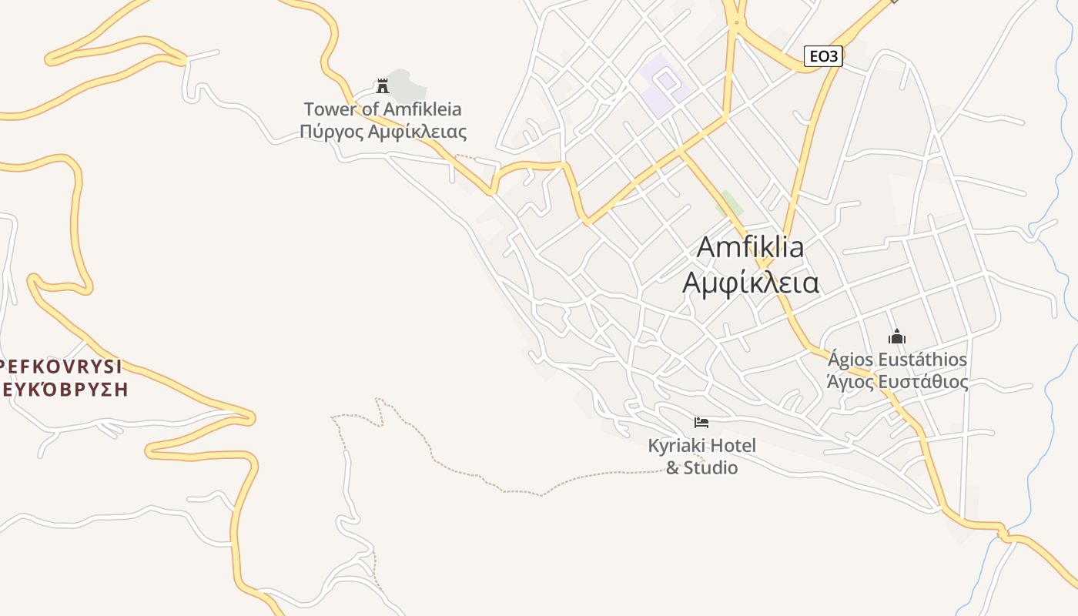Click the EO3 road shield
click(x=823, y=55)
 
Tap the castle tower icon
click(x=382, y=85)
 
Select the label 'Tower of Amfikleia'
click(x=383, y=109)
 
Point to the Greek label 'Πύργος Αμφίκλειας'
click(x=383, y=132)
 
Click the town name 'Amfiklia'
click(x=750, y=247)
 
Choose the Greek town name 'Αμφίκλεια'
click(x=750, y=283)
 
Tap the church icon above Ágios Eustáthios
click(x=896, y=336)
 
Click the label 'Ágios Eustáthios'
click(x=897, y=359)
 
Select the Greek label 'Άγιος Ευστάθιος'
click(x=897, y=381)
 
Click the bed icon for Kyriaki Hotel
click(x=701, y=422)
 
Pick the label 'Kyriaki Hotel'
click(x=701, y=445)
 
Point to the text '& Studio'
click(x=701, y=467)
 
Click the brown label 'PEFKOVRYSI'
click(x=62, y=367)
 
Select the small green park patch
click(x=730, y=203)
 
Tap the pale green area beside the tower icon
click(x=404, y=82)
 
